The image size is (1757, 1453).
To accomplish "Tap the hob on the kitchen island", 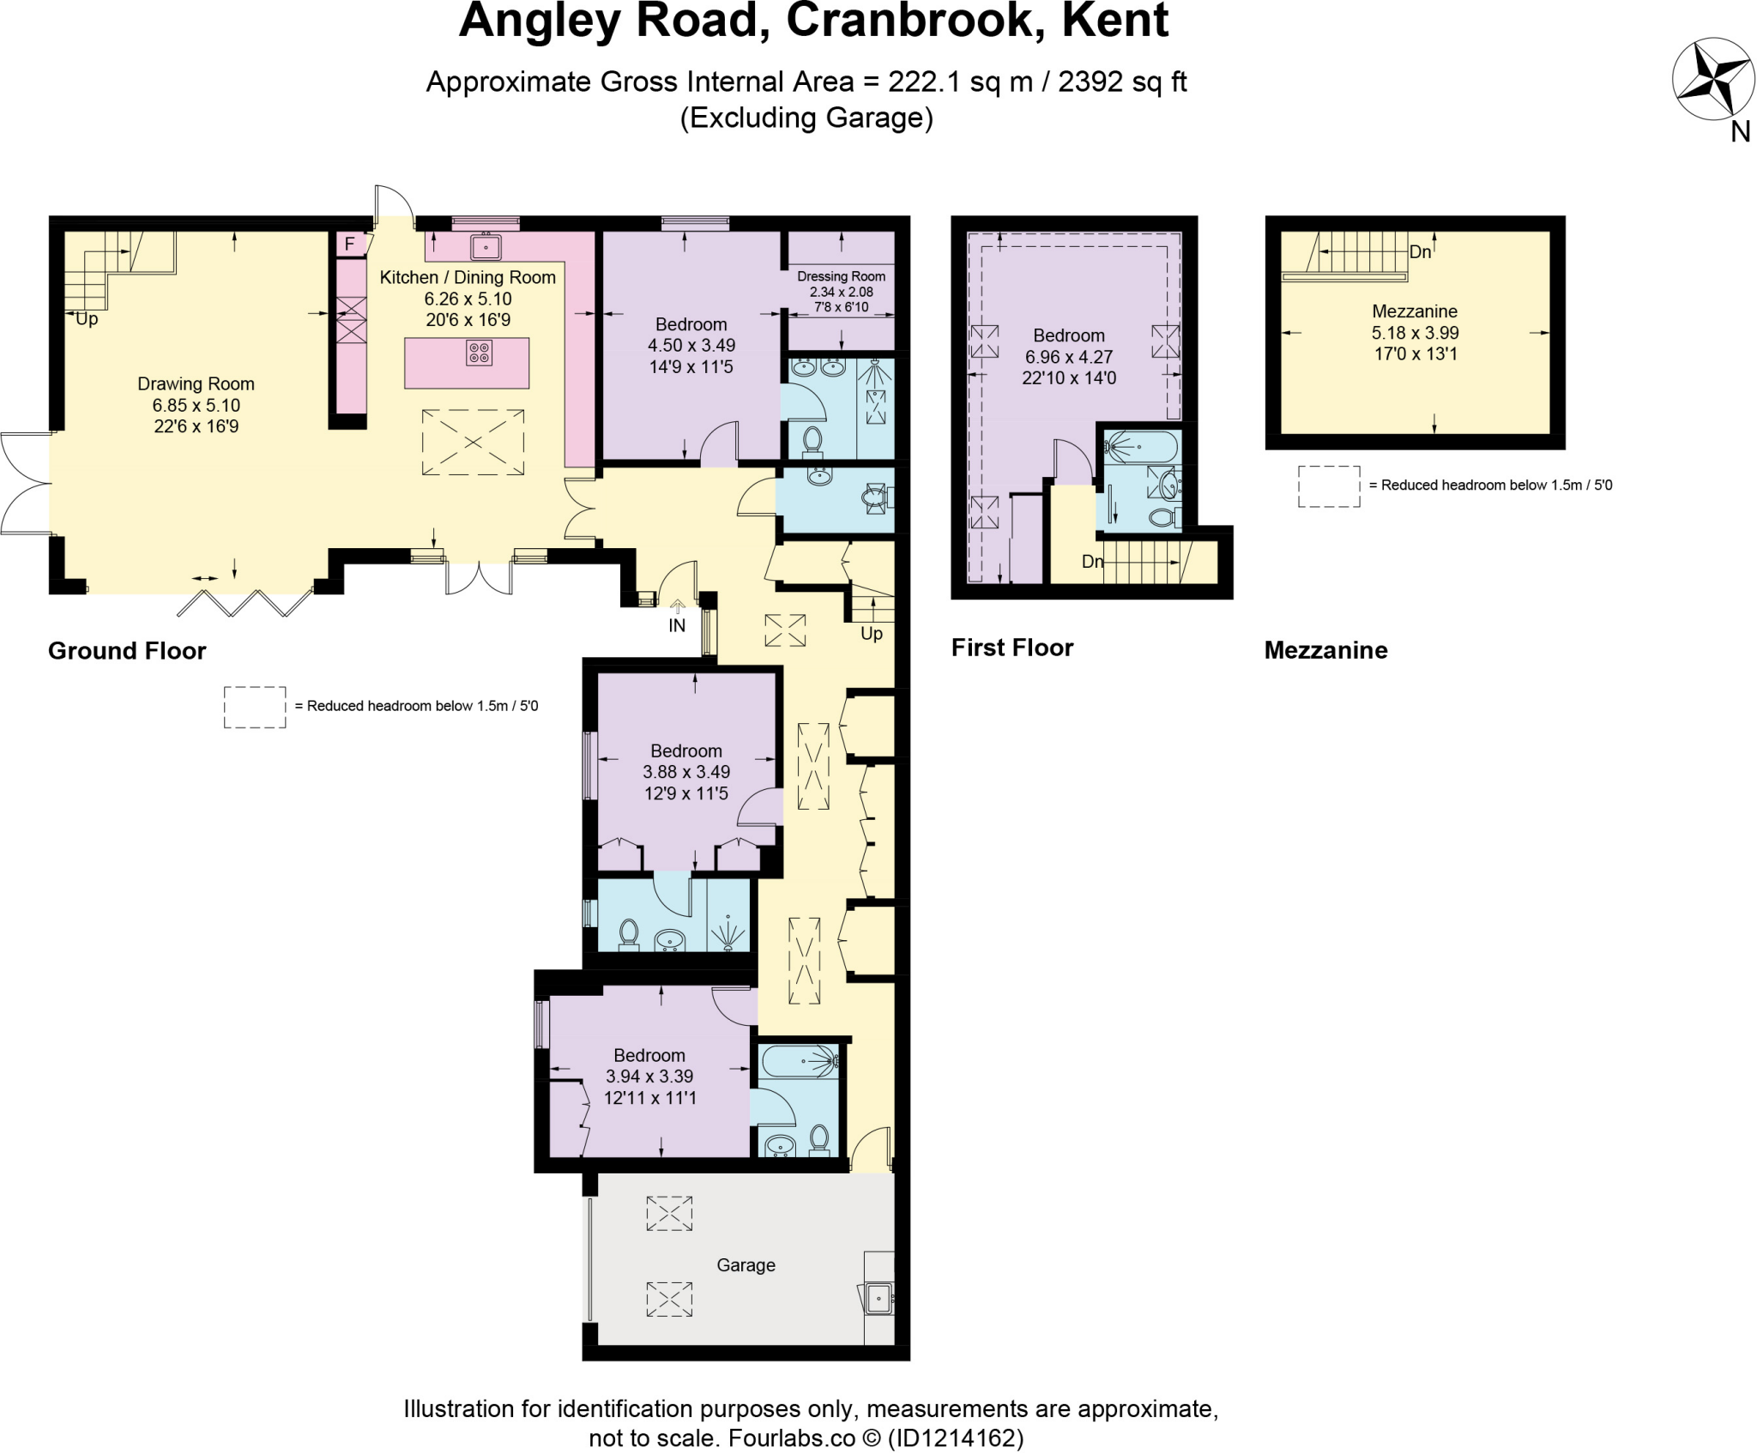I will point(479,353).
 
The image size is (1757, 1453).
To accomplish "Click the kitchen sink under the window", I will point(486,247).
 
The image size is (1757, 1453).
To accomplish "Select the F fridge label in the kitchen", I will point(349,244).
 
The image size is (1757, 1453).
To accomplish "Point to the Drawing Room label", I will point(196,384).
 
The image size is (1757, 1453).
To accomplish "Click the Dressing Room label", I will point(841,276).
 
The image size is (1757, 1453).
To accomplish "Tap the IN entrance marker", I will point(677,625).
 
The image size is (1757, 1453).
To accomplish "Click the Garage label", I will point(746,1265).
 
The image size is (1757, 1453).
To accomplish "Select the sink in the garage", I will point(878,1298).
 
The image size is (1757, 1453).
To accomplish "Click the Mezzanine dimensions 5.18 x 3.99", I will point(1415,333).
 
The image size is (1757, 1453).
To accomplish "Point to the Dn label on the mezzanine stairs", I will point(1420,252).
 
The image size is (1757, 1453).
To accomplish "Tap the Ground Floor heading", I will point(127,651).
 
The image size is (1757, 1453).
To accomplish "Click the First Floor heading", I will point(1012,648).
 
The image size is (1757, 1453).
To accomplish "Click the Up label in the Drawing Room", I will point(87,319).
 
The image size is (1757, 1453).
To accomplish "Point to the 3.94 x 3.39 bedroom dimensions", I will point(649,1076).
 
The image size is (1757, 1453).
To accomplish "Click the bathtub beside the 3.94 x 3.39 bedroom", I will point(797,1061).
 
